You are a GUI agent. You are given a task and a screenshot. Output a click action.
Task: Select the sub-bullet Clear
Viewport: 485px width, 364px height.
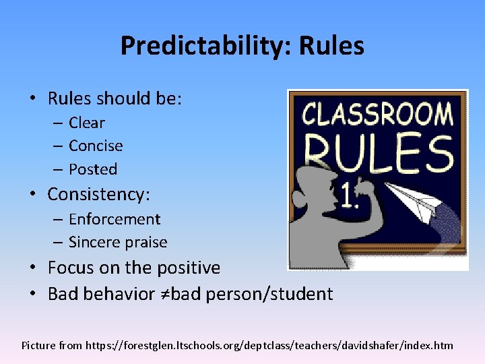(x=87, y=123)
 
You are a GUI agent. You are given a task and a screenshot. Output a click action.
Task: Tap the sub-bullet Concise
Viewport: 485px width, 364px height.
(x=96, y=146)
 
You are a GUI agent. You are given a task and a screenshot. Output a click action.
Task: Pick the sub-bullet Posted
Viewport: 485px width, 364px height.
(x=93, y=169)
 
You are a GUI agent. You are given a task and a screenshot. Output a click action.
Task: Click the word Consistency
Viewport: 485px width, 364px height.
(x=98, y=195)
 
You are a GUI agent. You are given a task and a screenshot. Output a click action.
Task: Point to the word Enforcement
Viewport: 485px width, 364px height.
(x=115, y=219)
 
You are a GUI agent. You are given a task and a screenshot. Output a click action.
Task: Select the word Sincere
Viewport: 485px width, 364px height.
(x=94, y=242)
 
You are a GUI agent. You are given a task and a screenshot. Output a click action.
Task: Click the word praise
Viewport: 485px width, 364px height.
(x=145, y=242)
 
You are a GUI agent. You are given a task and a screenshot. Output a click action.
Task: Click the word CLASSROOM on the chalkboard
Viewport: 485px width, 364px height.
(x=377, y=115)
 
